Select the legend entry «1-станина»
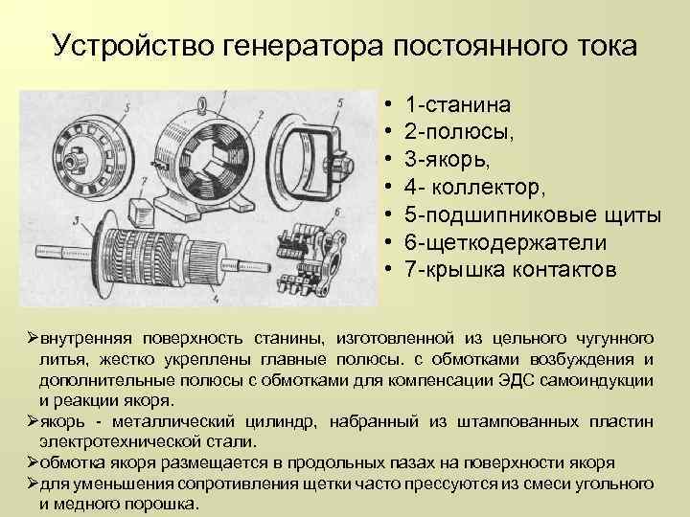click(458, 104)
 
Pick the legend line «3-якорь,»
click(448, 160)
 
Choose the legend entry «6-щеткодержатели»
click(506, 242)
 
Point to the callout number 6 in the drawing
click(337, 212)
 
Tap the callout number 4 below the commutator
click(216, 299)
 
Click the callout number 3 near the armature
click(77, 221)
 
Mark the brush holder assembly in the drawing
click(311, 258)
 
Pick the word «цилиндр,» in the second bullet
click(281, 421)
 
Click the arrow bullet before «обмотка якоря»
click(33, 463)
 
